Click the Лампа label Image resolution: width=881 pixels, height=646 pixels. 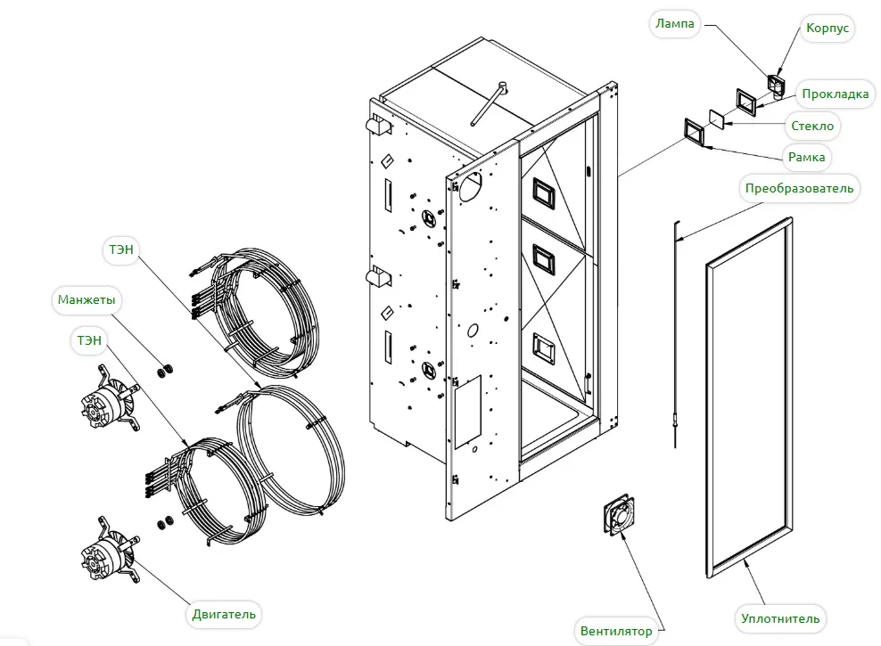point(675,24)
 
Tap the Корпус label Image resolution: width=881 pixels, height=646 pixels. point(827,28)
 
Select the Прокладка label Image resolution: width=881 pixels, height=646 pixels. point(835,94)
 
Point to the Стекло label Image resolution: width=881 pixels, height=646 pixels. point(811,126)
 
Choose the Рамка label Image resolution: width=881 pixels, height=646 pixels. point(806,157)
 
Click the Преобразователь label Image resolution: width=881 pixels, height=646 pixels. point(799,189)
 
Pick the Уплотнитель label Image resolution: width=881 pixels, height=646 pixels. point(780,618)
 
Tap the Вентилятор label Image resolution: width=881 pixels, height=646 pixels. point(616,631)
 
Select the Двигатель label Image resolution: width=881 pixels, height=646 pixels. point(224,614)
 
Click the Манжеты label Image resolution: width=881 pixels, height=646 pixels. point(86,299)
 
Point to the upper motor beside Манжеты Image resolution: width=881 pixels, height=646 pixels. point(110,398)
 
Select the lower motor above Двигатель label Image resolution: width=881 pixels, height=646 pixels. point(110,551)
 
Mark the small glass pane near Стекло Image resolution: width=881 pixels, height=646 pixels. point(717,119)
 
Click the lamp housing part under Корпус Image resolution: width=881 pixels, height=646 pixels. point(776,84)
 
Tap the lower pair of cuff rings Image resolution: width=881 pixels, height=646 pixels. point(165,522)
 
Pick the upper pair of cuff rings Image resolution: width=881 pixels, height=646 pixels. point(165,371)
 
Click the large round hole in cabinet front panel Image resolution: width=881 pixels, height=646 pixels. point(470,187)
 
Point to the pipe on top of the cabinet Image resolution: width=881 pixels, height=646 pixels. point(488,104)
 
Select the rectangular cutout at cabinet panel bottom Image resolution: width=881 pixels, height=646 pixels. point(467,412)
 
